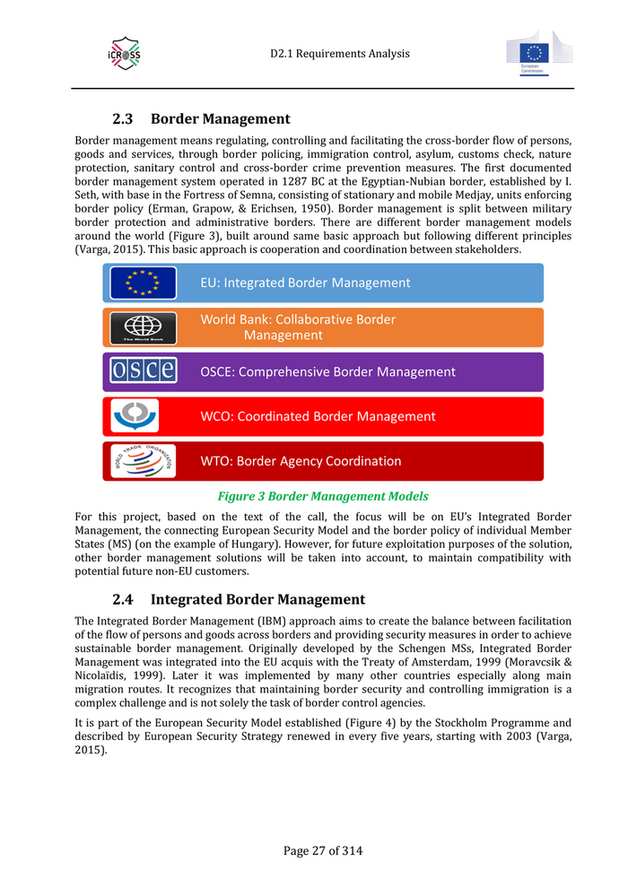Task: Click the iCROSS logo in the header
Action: [x=123, y=54]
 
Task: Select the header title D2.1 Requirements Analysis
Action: [x=339, y=54]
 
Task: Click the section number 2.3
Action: [x=123, y=118]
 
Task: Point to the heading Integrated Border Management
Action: [x=258, y=599]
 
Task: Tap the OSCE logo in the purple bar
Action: [x=143, y=371]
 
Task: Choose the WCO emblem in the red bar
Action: [x=136, y=416]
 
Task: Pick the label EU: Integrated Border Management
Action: [x=305, y=283]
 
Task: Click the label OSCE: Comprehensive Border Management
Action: [x=327, y=371]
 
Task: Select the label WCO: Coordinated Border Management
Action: [x=318, y=416]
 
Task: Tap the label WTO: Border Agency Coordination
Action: [x=301, y=461]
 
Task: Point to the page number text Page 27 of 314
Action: [x=323, y=850]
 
